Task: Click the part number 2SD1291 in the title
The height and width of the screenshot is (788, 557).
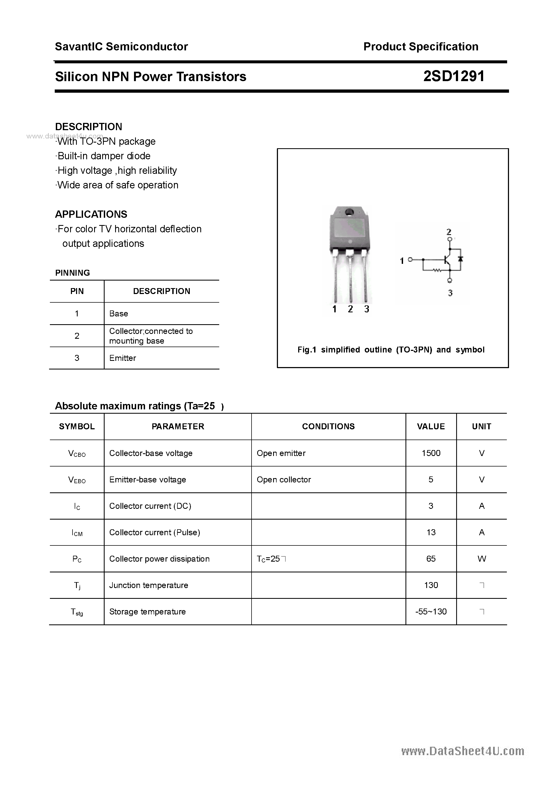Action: coord(454,76)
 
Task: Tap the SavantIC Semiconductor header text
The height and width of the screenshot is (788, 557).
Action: coord(121,46)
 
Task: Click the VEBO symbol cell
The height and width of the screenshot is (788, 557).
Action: coord(77,480)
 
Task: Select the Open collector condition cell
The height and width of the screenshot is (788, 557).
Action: coord(284,479)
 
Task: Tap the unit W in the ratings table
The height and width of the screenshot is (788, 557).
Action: coord(482,559)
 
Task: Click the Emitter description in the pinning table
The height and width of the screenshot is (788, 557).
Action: coord(123,358)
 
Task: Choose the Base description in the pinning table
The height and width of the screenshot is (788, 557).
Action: coord(118,313)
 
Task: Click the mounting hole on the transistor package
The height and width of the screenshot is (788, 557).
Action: coord(350,212)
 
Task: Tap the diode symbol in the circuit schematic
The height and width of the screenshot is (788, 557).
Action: coord(460,259)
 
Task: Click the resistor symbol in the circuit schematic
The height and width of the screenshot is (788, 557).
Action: coord(437,271)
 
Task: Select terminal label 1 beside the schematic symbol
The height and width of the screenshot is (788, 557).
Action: coord(402,261)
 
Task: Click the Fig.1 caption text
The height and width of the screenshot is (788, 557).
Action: coord(391,350)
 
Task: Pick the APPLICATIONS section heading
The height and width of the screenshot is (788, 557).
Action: coord(91,214)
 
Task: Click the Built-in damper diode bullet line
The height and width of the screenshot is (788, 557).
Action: coord(103,156)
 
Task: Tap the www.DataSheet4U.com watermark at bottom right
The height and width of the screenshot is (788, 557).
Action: coord(463,751)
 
